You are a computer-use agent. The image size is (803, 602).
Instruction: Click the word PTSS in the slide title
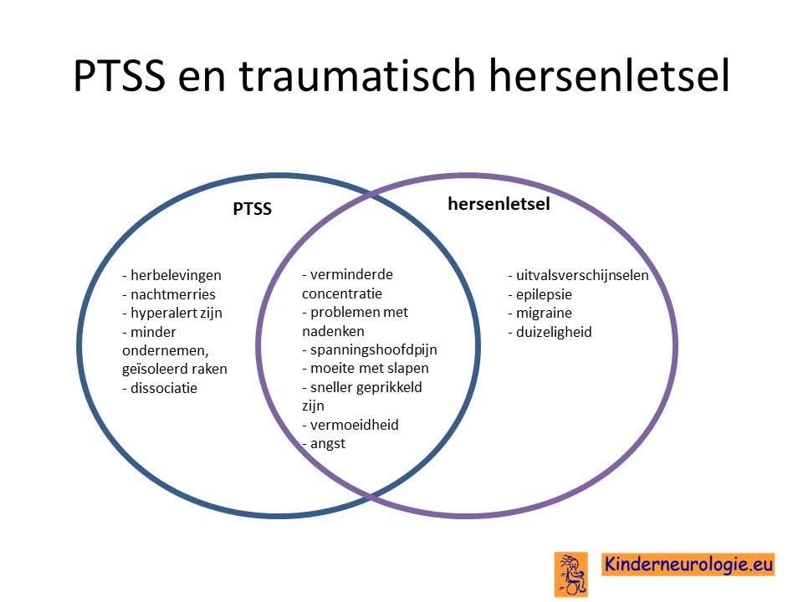coord(120,76)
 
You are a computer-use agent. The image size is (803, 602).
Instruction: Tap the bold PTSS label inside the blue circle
coord(252,209)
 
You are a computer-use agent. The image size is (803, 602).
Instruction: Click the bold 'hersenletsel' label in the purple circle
coord(499,204)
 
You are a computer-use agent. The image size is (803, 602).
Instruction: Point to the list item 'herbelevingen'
coord(171,275)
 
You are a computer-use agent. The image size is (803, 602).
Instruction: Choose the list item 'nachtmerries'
coord(168,294)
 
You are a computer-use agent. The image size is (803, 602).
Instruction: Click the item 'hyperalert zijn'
coord(172,314)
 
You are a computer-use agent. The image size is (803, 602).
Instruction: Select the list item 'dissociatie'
coord(159,388)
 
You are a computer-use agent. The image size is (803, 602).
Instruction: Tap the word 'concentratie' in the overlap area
coord(342,293)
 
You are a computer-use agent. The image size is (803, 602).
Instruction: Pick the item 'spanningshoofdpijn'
coord(369,350)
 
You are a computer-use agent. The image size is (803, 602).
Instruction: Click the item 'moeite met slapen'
coord(366,369)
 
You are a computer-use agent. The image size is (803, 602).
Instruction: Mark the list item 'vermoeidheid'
coord(350,425)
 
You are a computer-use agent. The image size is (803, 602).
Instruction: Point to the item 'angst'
coord(324,444)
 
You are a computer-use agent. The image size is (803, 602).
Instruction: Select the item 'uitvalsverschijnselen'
coord(578,275)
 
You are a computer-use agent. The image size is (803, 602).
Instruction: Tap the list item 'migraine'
coord(540,313)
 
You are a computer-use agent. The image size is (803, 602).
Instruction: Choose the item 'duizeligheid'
coord(550,332)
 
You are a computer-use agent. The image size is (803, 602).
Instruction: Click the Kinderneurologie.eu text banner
coord(688,564)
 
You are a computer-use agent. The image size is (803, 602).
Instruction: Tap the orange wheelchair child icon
coord(571,574)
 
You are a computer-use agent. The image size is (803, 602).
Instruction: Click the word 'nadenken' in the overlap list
coord(333,332)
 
